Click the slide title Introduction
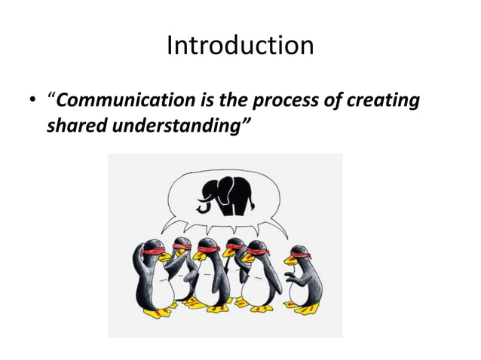pos(240,46)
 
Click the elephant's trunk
pos(203,201)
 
